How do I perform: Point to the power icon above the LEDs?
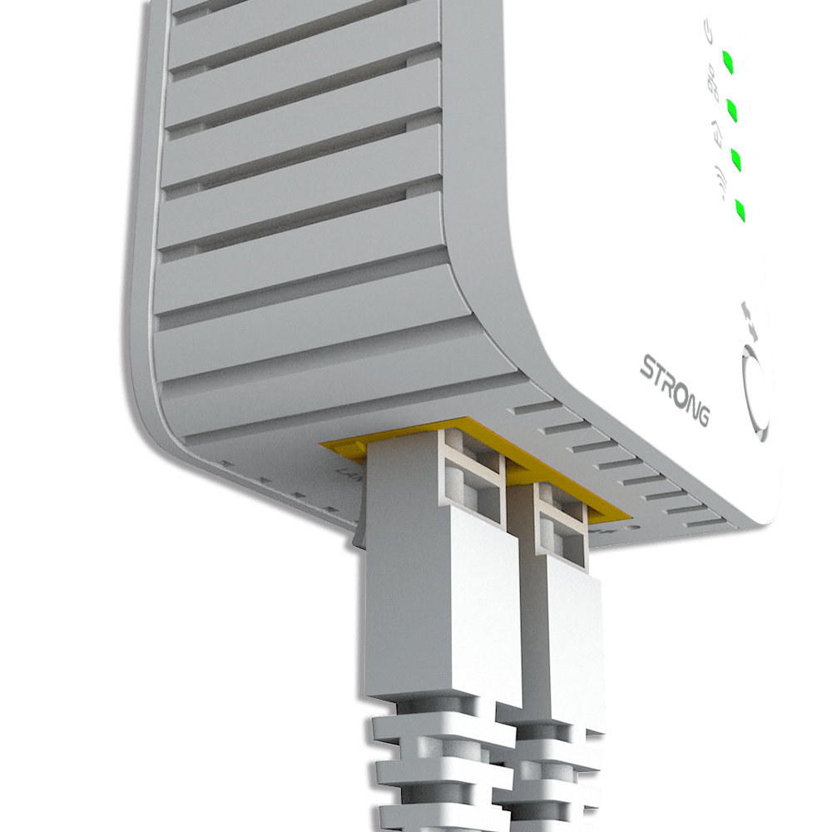[708, 34]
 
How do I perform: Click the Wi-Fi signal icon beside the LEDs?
[717, 181]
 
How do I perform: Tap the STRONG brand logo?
[675, 389]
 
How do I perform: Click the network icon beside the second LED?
[712, 83]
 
